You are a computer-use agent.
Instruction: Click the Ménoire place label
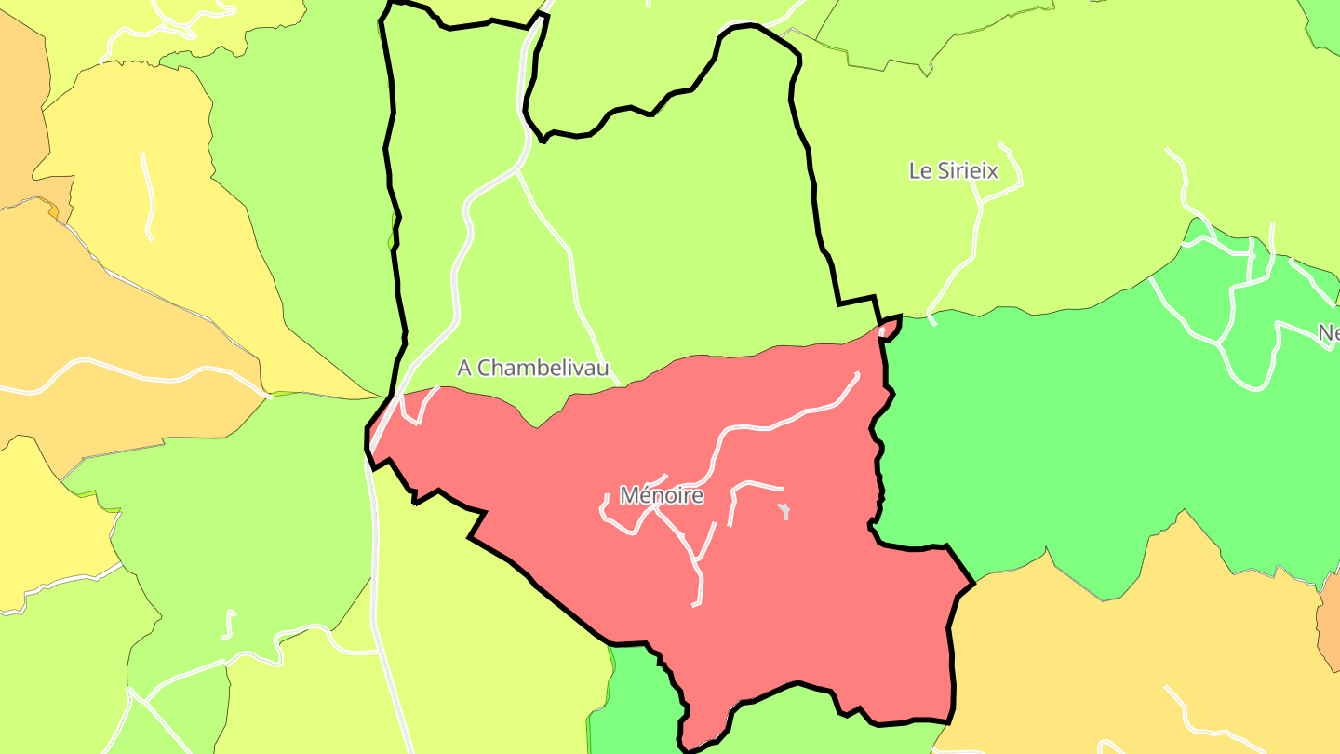click(661, 496)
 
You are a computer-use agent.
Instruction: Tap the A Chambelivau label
click(533, 369)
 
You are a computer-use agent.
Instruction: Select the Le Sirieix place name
click(953, 171)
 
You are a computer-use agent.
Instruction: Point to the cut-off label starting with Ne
click(1328, 333)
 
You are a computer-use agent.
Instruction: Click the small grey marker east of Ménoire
click(785, 511)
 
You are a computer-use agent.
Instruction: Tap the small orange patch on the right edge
click(1329, 633)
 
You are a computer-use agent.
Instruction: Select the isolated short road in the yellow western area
click(147, 195)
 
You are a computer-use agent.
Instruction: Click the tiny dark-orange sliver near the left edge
click(53, 212)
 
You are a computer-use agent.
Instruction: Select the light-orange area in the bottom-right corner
click(1117, 652)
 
